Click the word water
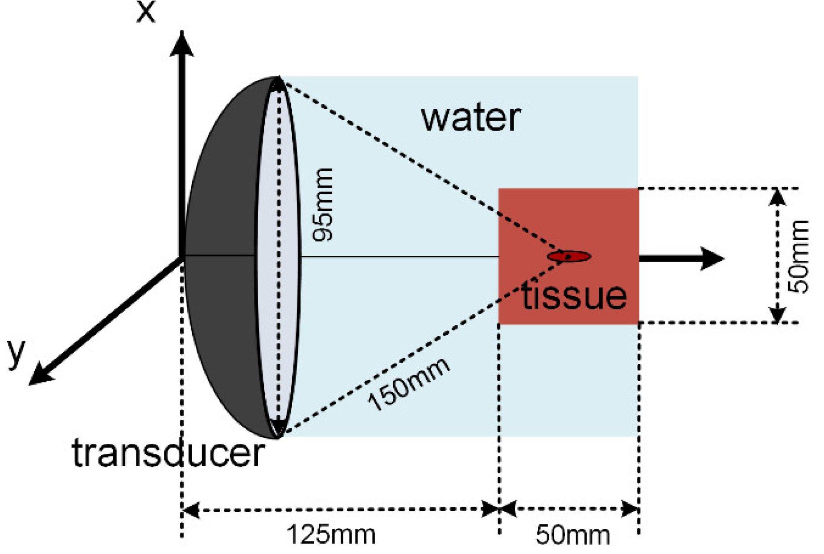[x=471, y=118]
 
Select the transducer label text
[x=168, y=453]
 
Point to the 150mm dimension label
[x=408, y=384]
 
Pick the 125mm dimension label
[x=331, y=534]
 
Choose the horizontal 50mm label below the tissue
[x=573, y=535]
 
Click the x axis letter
[x=146, y=12]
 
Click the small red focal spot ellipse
[x=569, y=256]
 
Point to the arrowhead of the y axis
[x=39, y=374]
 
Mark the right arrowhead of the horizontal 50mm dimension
[x=630, y=509]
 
